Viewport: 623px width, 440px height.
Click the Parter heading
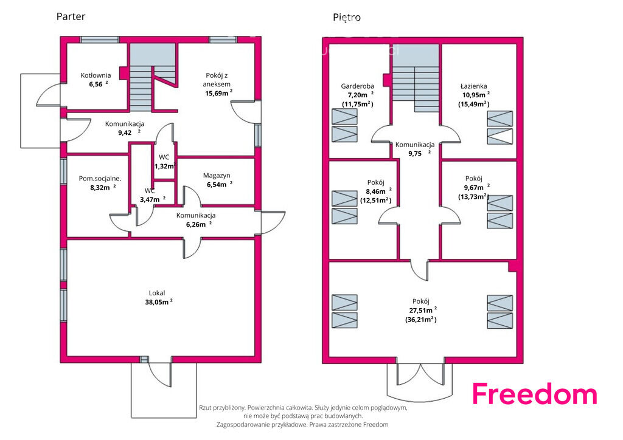71,16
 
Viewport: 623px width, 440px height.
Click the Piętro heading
347,18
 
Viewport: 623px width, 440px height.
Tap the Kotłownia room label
96,75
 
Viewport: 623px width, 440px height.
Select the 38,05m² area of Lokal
159,302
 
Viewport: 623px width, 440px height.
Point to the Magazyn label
217,176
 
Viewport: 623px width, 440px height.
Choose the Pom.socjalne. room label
100,179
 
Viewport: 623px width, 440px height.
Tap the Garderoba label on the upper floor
358,86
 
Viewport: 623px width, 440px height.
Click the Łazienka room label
473,86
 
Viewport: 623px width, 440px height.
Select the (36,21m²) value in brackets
421,320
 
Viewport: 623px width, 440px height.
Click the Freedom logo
534,394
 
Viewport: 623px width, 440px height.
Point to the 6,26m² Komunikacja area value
199,225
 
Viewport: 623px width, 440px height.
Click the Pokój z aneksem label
217,80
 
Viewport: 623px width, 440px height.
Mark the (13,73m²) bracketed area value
473,197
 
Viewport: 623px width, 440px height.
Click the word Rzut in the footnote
205,407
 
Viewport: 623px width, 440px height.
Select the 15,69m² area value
218,93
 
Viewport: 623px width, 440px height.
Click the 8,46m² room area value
378,191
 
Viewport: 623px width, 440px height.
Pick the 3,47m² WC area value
153,199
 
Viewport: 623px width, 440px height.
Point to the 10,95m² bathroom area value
476,95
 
